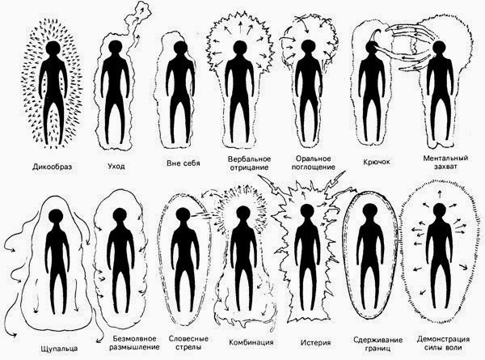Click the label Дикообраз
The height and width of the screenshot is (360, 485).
52,167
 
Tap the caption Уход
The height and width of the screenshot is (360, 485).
116,166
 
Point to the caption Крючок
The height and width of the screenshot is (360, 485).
376,162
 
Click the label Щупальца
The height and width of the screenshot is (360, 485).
59,349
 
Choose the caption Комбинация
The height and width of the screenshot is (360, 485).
251,342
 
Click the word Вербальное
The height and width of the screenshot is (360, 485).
249,159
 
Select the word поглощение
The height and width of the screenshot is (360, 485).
314,167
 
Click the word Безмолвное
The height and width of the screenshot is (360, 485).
135,338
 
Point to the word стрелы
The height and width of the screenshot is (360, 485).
188,347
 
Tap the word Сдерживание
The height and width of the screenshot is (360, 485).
378,340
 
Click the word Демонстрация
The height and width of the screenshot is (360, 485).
443,339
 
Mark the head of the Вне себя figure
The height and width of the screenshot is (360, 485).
179,49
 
